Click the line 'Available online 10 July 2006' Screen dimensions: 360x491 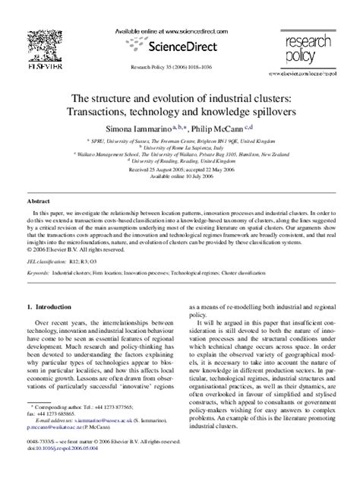(x=180, y=175)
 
